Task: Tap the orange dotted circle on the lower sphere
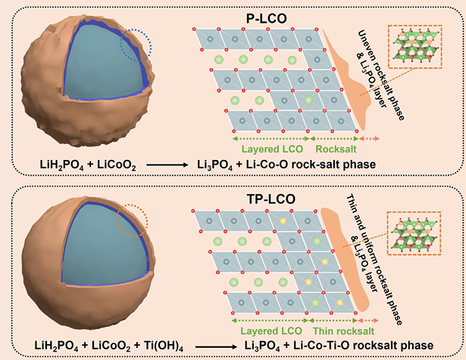pos(131,224)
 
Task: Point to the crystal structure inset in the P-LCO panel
pos(417,50)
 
